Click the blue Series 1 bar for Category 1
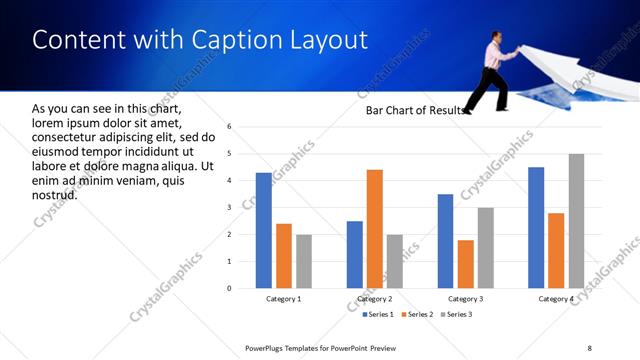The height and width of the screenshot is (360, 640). (263, 230)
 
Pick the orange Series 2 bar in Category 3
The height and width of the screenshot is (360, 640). (465, 264)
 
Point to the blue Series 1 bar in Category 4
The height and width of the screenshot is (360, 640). (536, 227)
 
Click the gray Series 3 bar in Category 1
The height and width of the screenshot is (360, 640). (303, 261)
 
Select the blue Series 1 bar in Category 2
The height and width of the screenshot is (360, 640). (355, 254)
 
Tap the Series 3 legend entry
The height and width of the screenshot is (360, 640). (456, 315)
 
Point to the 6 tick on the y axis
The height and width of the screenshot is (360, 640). (229, 127)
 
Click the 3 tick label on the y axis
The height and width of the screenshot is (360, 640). (229, 208)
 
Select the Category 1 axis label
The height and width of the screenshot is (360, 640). (283, 299)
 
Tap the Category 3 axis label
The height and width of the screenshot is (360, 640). (466, 299)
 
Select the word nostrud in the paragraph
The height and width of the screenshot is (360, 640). (54, 194)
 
